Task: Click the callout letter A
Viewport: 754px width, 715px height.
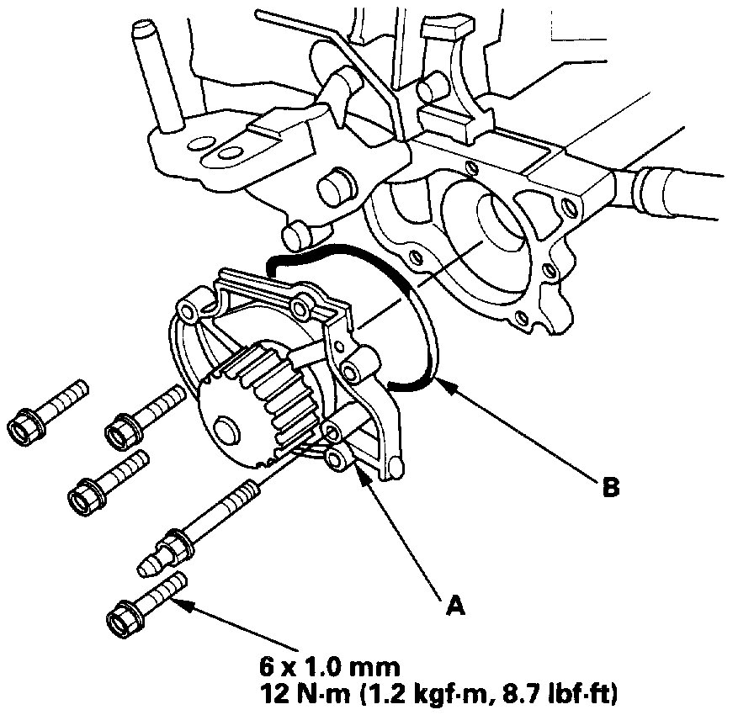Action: (x=455, y=602)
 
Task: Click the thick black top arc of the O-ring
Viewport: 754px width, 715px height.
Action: (x=337, y=250)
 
